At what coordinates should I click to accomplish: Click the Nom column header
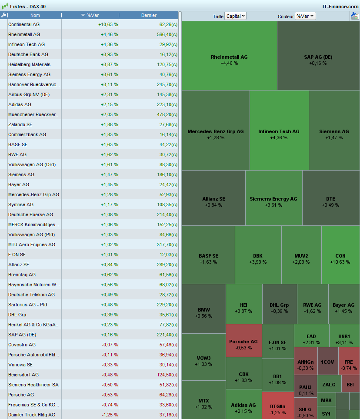(x=35, y=15)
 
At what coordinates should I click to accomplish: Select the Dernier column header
(x=149, y=15)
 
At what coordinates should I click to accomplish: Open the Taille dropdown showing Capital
(x=236, y=16)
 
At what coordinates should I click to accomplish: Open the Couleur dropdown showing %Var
(x=305, y=16)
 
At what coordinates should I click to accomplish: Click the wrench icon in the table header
(x=4, y=15)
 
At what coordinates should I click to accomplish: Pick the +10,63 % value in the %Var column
(x=108, y=24)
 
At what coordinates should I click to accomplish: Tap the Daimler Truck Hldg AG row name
(x=32, y=415)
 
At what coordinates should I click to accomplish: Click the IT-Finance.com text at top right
(x=340, y=6)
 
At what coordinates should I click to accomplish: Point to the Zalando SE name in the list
(x=20, y=124)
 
